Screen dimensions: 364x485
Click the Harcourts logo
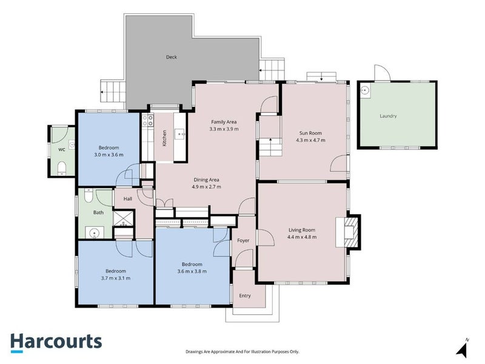[x=56, y=341]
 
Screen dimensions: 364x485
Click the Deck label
[x=172, y=58]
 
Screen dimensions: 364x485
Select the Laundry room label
[x=388, y=116]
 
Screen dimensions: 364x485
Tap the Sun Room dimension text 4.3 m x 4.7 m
[x=310, y=140]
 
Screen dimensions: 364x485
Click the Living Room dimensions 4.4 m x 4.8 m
[x=301, y=237]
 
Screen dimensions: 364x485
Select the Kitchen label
[x=164, y=138]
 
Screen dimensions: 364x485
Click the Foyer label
[x=243, y=240]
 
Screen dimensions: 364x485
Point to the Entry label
[x=244, y=295]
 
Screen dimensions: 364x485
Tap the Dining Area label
[x=206, y=180]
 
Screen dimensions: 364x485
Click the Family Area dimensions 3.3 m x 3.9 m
[x=224, y=129]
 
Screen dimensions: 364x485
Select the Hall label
[x=128, y=198]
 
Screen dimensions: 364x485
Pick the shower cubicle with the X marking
[x=124, y=218]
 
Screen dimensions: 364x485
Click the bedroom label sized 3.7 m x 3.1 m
[x=115, y=274]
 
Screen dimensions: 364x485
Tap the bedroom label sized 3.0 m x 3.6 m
[x=109, y=151]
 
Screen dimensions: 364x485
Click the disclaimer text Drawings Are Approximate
[x=242, y=351]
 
